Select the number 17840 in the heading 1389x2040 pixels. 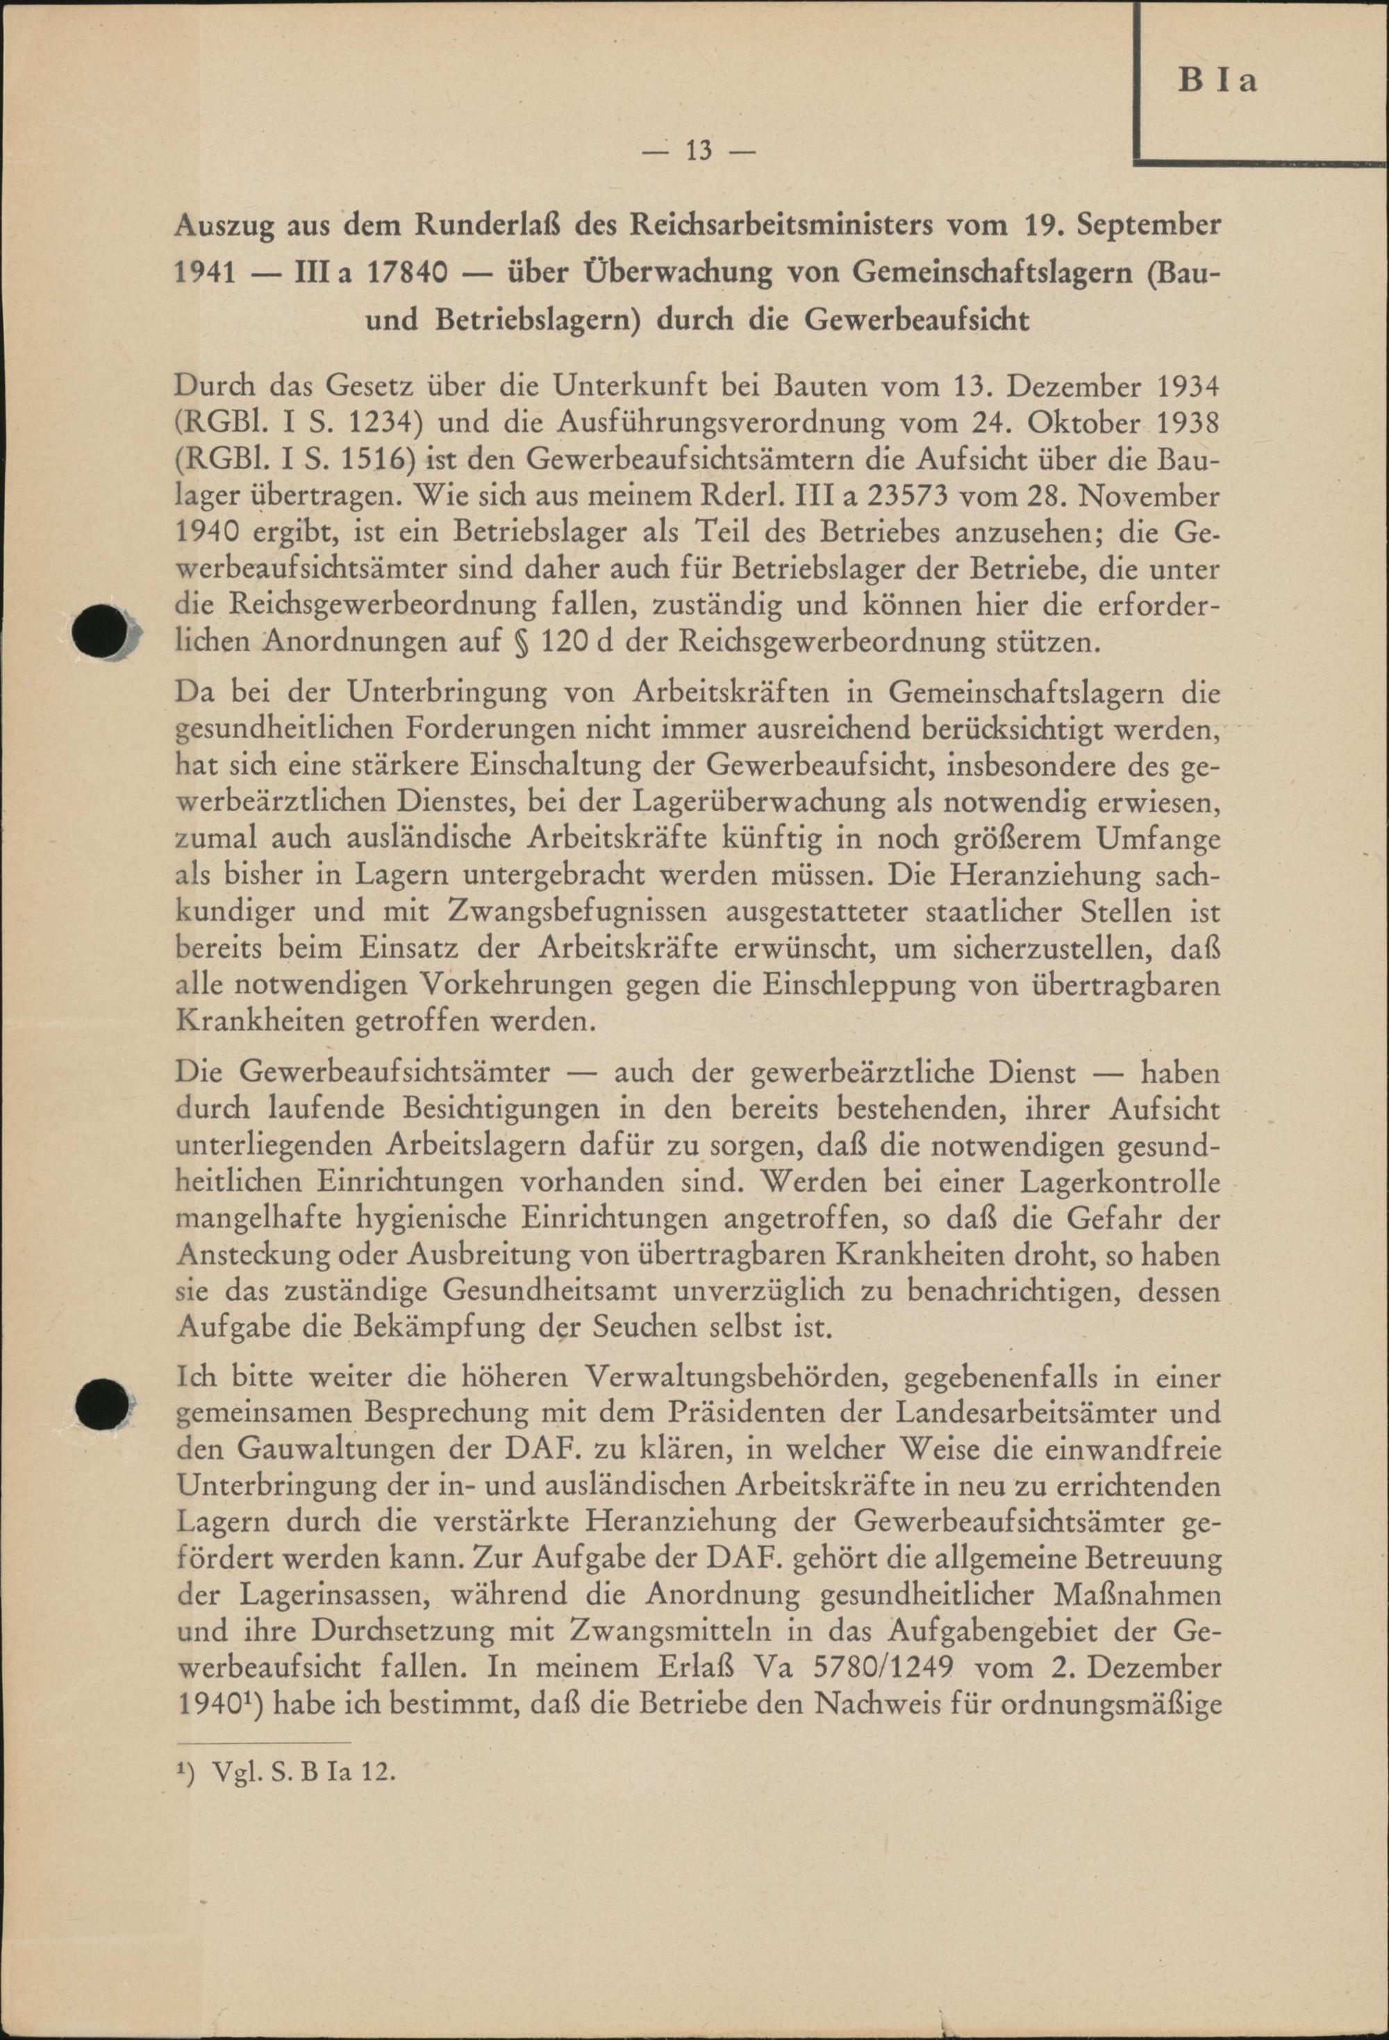[396, 273]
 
